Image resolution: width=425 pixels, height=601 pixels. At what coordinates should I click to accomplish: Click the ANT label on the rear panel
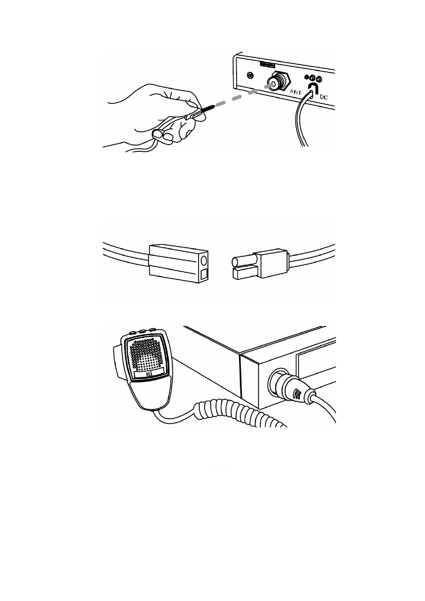pos(296,92)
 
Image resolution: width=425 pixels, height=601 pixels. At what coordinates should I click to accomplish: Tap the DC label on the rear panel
pos(324,97)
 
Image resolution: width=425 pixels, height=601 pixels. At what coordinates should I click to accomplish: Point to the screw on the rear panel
pos(250,76)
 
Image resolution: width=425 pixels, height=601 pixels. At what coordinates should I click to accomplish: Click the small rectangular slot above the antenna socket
pos(267,65)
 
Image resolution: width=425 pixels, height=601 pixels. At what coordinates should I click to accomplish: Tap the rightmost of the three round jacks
pos(319,79)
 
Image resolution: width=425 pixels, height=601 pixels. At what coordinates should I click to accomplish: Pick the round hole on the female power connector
pos(204,260)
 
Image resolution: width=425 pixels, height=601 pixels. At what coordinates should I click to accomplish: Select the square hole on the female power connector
pos(204,275)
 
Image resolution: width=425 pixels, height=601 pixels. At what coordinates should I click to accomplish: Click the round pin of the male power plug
pos(243,262)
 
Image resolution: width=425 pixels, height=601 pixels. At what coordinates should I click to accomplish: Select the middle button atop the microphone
pos(142,331)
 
